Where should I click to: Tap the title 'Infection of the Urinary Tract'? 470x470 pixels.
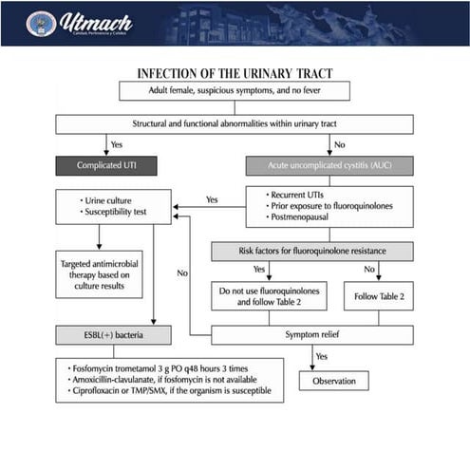pos(234,73)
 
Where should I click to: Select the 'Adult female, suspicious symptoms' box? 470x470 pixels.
pos(234,91)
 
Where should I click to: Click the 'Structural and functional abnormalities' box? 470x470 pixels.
pos(234,124)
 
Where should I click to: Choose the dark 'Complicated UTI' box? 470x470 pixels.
pos(104,166)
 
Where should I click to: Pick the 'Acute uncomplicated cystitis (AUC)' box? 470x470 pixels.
pos(329,166)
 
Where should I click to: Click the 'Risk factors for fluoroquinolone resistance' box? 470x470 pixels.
pos(311,252)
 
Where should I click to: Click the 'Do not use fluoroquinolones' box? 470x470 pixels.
pos(268,295)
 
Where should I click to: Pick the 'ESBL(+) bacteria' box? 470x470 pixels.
pos(113,335)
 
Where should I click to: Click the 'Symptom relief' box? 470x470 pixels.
pos(311,335)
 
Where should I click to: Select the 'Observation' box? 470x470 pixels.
pos(333,380)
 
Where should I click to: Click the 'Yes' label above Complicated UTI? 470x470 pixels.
pos(117,144)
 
